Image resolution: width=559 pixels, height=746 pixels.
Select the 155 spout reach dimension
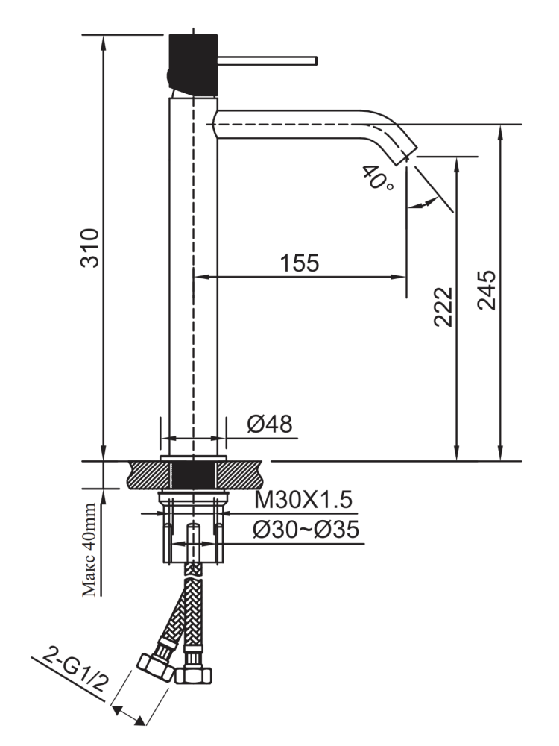click(300, 263)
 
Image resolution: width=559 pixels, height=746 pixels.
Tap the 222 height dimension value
click(443, 306)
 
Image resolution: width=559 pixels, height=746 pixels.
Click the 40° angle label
click(377, 179)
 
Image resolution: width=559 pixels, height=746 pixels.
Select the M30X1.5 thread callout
click(303, 498)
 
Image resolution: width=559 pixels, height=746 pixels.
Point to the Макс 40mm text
click(89, 551)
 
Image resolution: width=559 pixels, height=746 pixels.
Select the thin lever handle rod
click(268, 60)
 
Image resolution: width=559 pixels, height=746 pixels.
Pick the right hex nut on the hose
click(193, 674)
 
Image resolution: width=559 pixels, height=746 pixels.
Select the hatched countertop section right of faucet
click(244, 475)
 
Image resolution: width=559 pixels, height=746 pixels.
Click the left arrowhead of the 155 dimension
click(200, 277)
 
